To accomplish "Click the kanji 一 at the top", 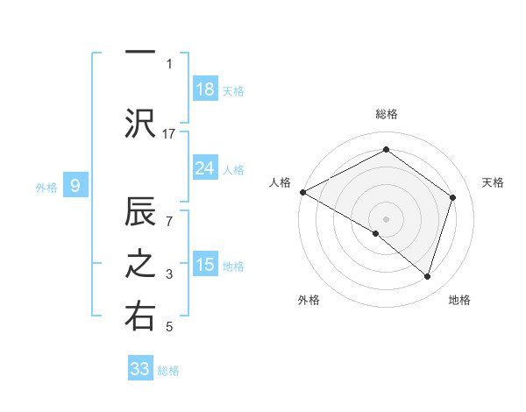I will pyautogui.click(x=139, y=53).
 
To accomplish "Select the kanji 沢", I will pyautogui.click(x=139, y=122).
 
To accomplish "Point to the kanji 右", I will pyautogui.click(x=139, y=316).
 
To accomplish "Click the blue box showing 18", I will pyautogui.click(x=205, y=89).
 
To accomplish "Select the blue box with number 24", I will pyautogui.click(x=205, y=168).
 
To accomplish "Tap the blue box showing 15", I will pyautogui.click(x=205, y=265).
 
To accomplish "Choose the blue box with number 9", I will pyautogui.click(x=76, y=186).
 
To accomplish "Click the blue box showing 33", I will pyautogui.click(x=140, y=369).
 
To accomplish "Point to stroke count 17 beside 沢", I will pyautogui.click(x=169, y=133).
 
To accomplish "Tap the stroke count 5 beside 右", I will pyautogui.click(x=169, y=328).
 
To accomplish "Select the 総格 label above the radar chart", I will pyautogui.click(x=386, y=114).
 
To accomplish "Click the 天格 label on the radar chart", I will pyautogui.click(x=493, y=182).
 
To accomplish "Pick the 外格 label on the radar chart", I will pyautogui.click(x=308, y=300).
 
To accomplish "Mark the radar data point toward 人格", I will pyautogui.click(x=302, y=192).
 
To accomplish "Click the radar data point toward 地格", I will pyautogui.click(x=427, y=276).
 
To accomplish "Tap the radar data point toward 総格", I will pyautogui.click(x=386, y=150).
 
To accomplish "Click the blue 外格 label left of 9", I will pyautogui.click(x=46, y=187).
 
